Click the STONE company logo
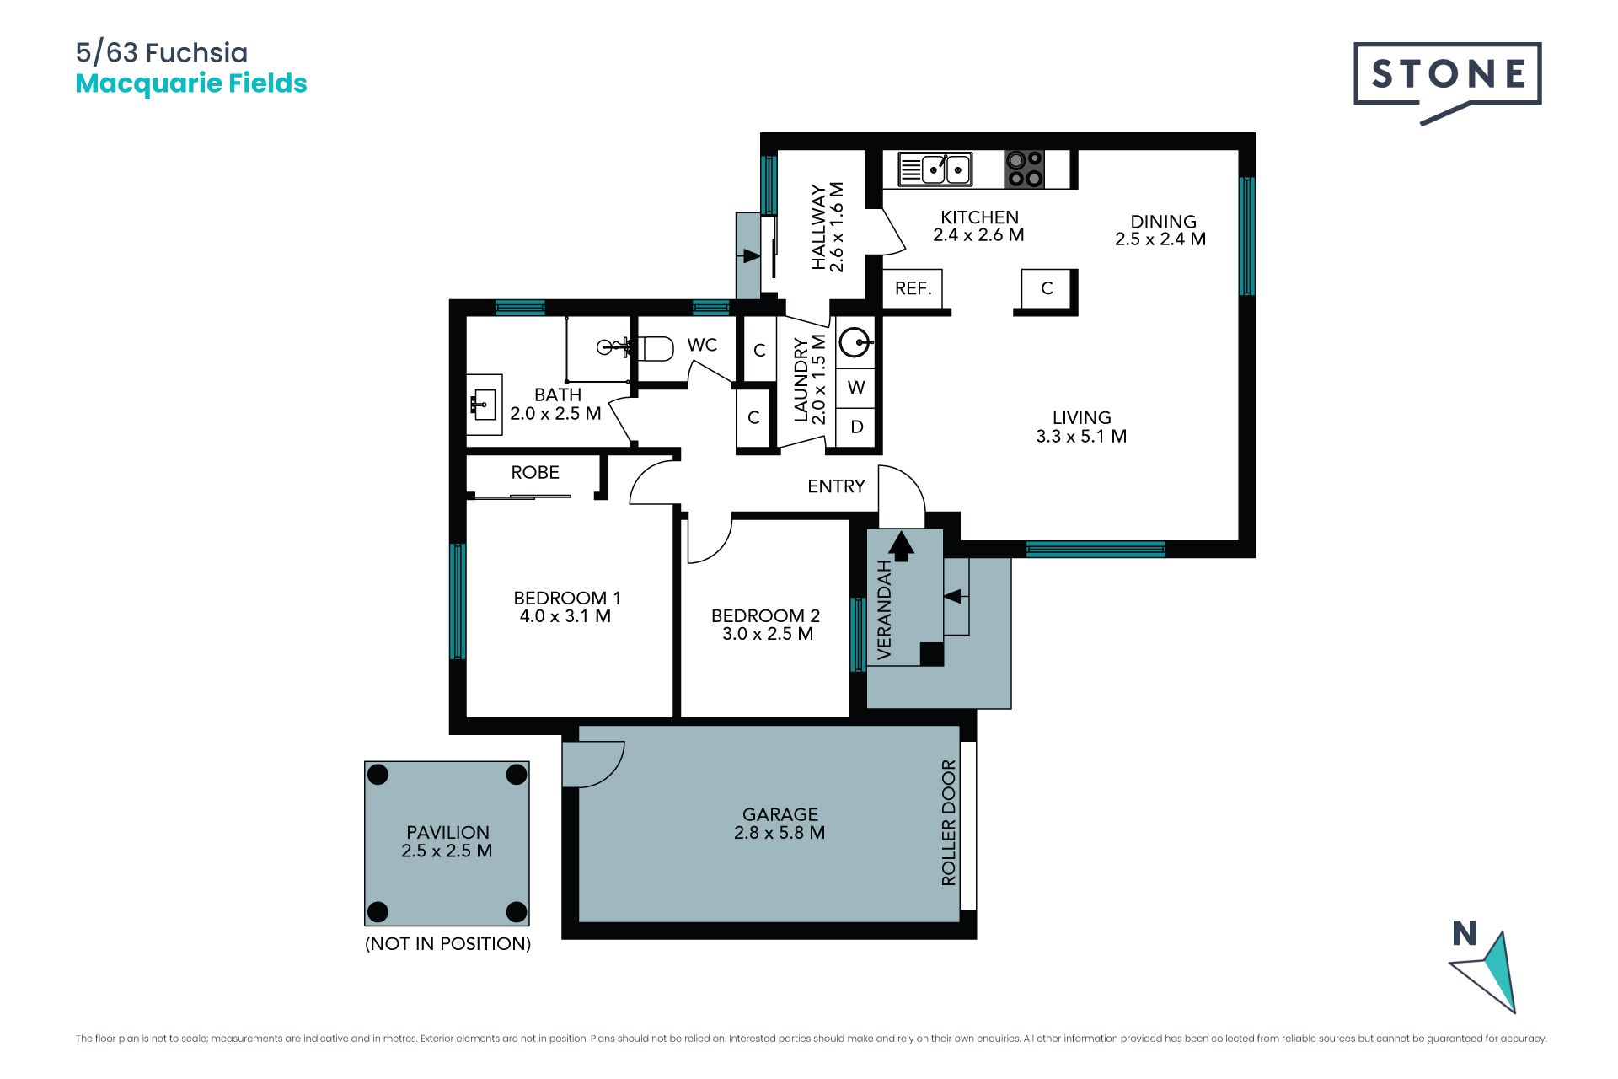pos(1447,83)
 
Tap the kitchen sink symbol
pos(935,169)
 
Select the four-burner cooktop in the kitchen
pos(1025,169)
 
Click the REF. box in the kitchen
pos(913,289)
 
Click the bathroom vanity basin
pos(484,405)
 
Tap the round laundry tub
pos(855,343)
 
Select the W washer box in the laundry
pos(856,388)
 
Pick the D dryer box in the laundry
pos(856,427)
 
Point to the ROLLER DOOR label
pos(949,823)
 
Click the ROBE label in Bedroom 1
pos(535,473)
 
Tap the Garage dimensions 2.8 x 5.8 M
pos(780,833)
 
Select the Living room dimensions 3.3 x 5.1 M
pos(1081,437)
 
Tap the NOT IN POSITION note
pos(447,944)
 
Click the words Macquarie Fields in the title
pos(191,83)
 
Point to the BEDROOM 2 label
pos(765,616)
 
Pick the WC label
pos(702,345)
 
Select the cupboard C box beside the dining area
pos(1047,289)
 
